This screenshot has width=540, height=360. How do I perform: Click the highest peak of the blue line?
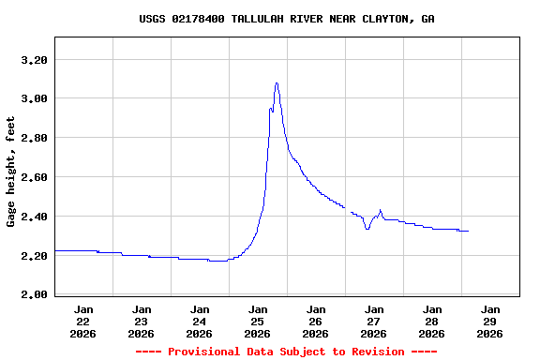coord(277,82)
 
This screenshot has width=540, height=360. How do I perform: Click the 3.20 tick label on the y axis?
coord(34,60)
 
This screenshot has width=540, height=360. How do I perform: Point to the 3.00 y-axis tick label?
coord(34,98)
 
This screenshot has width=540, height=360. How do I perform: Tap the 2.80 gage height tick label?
coord(34,138)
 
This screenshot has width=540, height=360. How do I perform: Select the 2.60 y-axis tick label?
coord(34,177)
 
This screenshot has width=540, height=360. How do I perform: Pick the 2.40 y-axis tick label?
coord(34,217)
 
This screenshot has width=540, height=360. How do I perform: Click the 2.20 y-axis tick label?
coord(34,256)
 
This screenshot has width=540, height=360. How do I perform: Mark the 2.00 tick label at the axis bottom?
coord(34,294)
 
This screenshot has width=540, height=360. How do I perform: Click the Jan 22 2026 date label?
coord(83,321)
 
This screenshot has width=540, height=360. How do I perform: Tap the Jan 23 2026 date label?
coord(142,321)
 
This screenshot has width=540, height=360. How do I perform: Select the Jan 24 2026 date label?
coord(200,321)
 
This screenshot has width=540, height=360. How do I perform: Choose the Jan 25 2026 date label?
coord(258,321)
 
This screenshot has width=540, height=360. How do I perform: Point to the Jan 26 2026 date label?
coord(316,321)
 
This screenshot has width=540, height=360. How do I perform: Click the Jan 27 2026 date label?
coord(374,321)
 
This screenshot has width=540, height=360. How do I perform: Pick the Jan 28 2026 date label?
coord(432,321)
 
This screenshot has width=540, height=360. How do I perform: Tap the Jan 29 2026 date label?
coord(490,321)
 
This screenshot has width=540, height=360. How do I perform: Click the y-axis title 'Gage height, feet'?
coord(11,172)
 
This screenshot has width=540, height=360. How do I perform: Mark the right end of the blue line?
coord(468,231)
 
